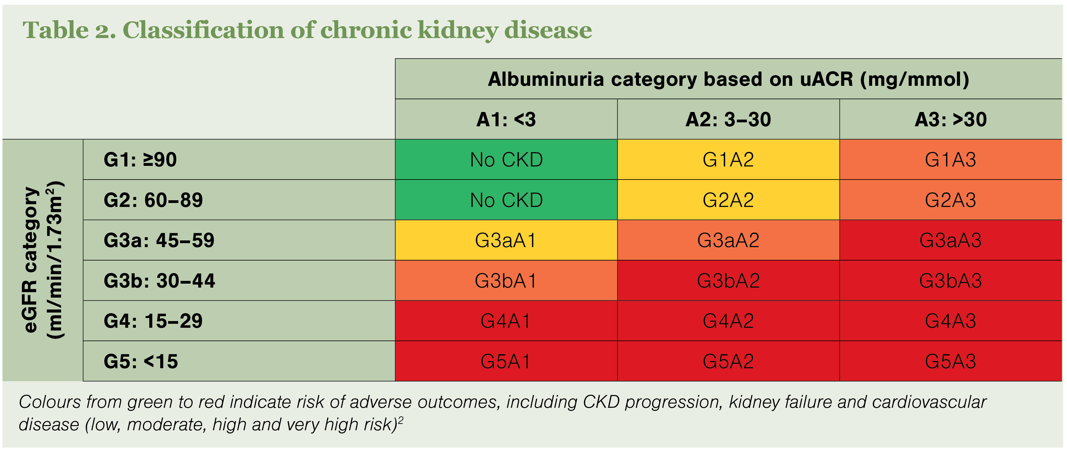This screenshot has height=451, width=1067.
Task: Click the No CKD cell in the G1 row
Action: [506, 159]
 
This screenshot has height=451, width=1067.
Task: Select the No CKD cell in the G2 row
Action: [506, 200]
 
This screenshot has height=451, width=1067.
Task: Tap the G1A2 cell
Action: [728, 159]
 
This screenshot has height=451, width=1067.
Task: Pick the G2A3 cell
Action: [951, 200]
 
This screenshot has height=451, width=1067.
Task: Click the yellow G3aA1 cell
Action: [506, 240]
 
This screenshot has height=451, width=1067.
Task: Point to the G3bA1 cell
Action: [506, 280]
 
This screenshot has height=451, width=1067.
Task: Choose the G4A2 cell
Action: [728, 321]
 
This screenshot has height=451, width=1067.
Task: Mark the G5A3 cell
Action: [951, 361]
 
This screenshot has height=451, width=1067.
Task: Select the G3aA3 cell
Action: [951, 240]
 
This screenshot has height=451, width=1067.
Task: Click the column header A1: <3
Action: [506, 119]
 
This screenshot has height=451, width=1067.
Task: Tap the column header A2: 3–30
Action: [728, 119]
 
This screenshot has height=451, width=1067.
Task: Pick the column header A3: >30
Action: [951, 119]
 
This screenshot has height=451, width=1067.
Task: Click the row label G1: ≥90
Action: [140, 159]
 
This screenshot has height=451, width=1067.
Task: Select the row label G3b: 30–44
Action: [160, 281]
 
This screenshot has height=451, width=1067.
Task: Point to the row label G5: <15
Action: [141, 361]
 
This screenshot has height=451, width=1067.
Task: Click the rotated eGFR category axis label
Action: [43, 260]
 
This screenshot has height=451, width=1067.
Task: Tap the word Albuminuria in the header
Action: [546, 79]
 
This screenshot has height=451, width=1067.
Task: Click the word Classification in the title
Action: [203, 30]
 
